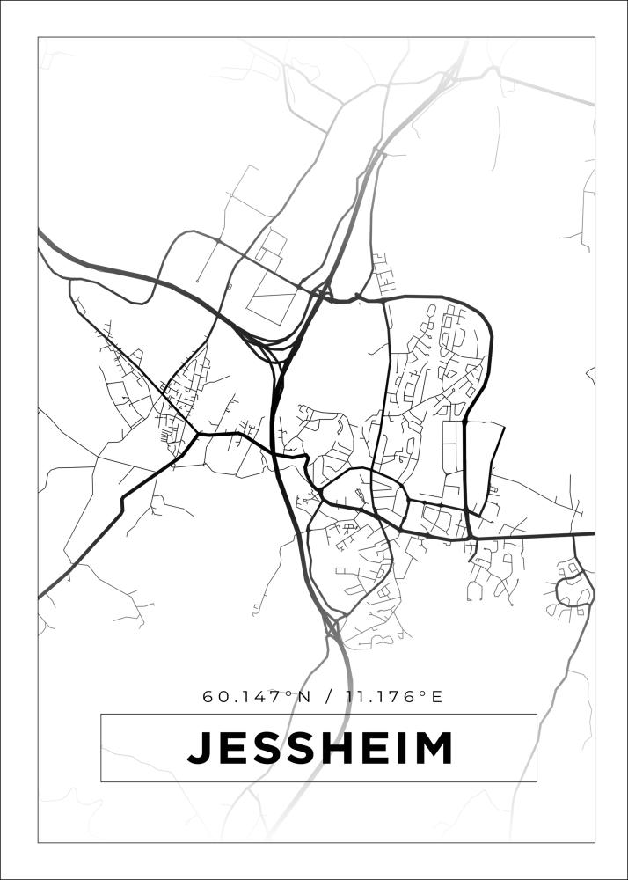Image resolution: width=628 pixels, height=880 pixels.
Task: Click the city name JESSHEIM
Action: pyautogui.click(x=319, y=748)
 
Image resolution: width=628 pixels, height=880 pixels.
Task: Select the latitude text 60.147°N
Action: pyautogui.click(x=257, y=697)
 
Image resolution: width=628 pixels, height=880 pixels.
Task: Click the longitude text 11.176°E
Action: pyautogui.click(x=393, y=697)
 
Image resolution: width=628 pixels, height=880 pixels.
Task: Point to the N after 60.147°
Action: pyautogui.click(x=304, y=697)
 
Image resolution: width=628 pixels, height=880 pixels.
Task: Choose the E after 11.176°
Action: pyautogui.click(x=435, y=697)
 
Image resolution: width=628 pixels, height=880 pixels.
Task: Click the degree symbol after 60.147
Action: pyautogui.click(x=291, y=694)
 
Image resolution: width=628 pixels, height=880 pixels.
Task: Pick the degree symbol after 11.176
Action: pyautogui.click(x=422, y=694)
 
